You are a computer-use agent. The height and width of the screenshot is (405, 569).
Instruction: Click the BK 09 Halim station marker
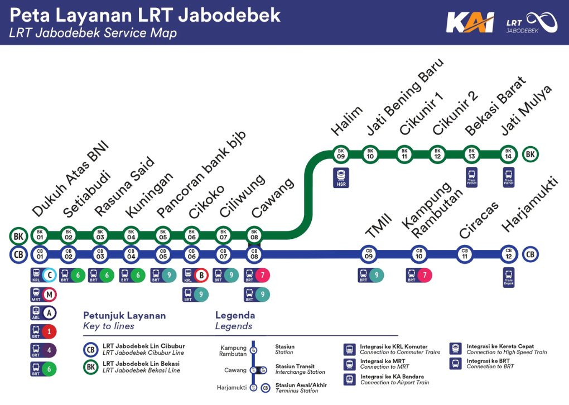(x=341, y=153)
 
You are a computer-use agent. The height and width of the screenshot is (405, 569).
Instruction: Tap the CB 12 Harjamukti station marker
(x=507, y=254)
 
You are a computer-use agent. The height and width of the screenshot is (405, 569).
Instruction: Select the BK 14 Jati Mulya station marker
(x=507, y=153)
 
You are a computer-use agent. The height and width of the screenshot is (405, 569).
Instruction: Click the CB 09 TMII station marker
(x=369, y=254)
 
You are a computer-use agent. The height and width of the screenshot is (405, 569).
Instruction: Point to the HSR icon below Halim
(x=341, y=177)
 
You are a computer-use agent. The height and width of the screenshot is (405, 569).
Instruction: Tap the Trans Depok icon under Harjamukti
(x=508, y=277)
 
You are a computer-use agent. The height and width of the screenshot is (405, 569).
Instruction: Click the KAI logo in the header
(x=469, y=23)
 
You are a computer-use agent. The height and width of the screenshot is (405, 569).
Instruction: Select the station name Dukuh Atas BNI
(x=70, y=180)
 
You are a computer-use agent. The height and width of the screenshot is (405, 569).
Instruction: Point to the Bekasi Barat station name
(x=495, y=106)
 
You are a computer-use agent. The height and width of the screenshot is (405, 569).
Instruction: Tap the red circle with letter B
(x=201, y=275)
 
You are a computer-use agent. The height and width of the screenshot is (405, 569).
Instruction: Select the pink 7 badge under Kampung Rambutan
(x=425, y=275)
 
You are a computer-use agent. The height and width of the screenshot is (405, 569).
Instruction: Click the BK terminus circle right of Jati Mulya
(x=531, y=153)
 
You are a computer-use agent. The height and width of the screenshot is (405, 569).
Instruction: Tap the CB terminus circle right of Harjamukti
(x=531, y=254)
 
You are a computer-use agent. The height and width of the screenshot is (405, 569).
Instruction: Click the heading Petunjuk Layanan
(x=124, y=316)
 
